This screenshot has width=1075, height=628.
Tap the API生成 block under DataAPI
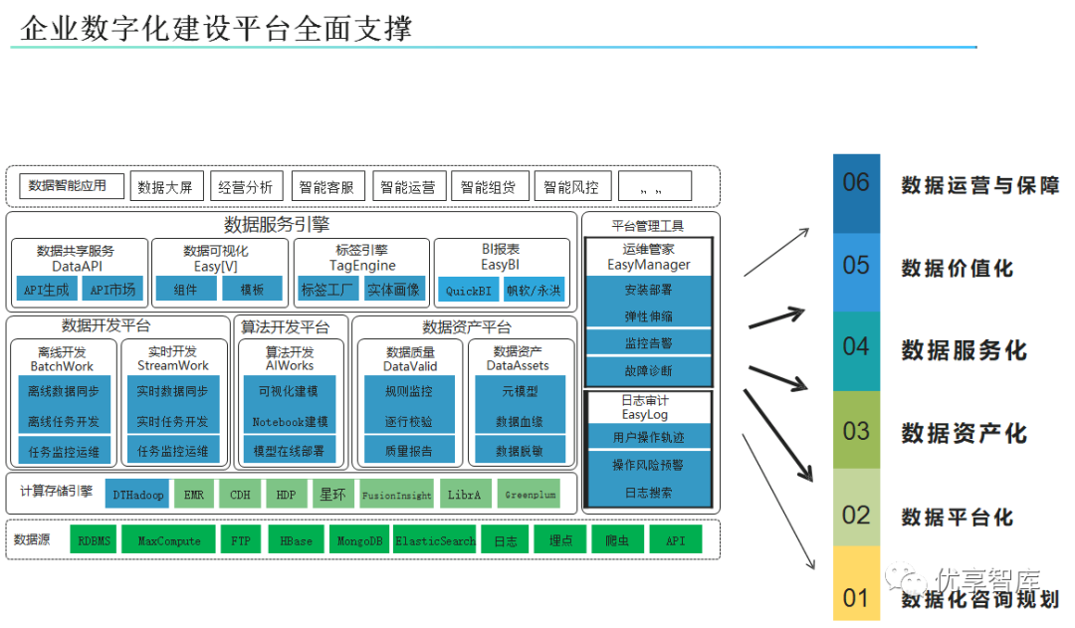48,290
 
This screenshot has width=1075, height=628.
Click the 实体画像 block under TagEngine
394,290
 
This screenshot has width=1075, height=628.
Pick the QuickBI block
467,291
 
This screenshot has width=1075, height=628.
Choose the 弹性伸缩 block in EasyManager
648,316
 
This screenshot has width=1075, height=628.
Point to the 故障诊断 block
648,370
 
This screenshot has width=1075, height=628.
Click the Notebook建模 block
290,422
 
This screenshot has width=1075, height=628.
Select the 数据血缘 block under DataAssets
520,422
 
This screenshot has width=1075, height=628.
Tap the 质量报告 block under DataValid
408,451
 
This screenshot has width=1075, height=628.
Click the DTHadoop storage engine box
138,494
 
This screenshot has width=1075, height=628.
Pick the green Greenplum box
531,494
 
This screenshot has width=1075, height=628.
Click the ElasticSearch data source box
435,541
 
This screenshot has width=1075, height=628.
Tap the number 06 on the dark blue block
856,183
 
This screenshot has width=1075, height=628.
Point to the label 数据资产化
964,433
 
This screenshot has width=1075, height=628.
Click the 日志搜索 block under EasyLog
648,492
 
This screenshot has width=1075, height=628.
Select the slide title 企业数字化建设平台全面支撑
216,28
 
